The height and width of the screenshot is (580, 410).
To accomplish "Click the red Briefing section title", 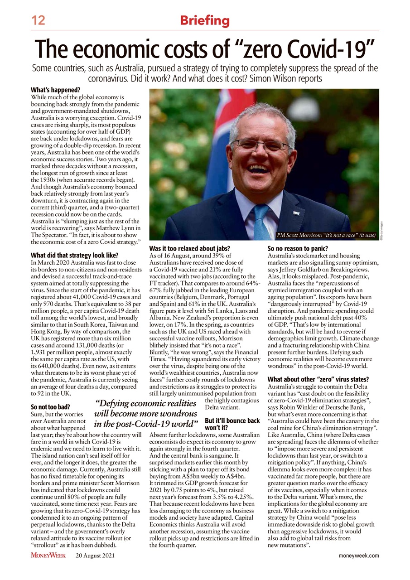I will tap(205, 20).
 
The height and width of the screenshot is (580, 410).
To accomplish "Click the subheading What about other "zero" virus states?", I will tap(318, 379).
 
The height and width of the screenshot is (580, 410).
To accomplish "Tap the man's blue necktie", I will tap(262, 222).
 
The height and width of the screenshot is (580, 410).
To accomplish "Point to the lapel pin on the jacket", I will tap(296, 213).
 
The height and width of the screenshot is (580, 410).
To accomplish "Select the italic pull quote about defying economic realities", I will tap(146, 413).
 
